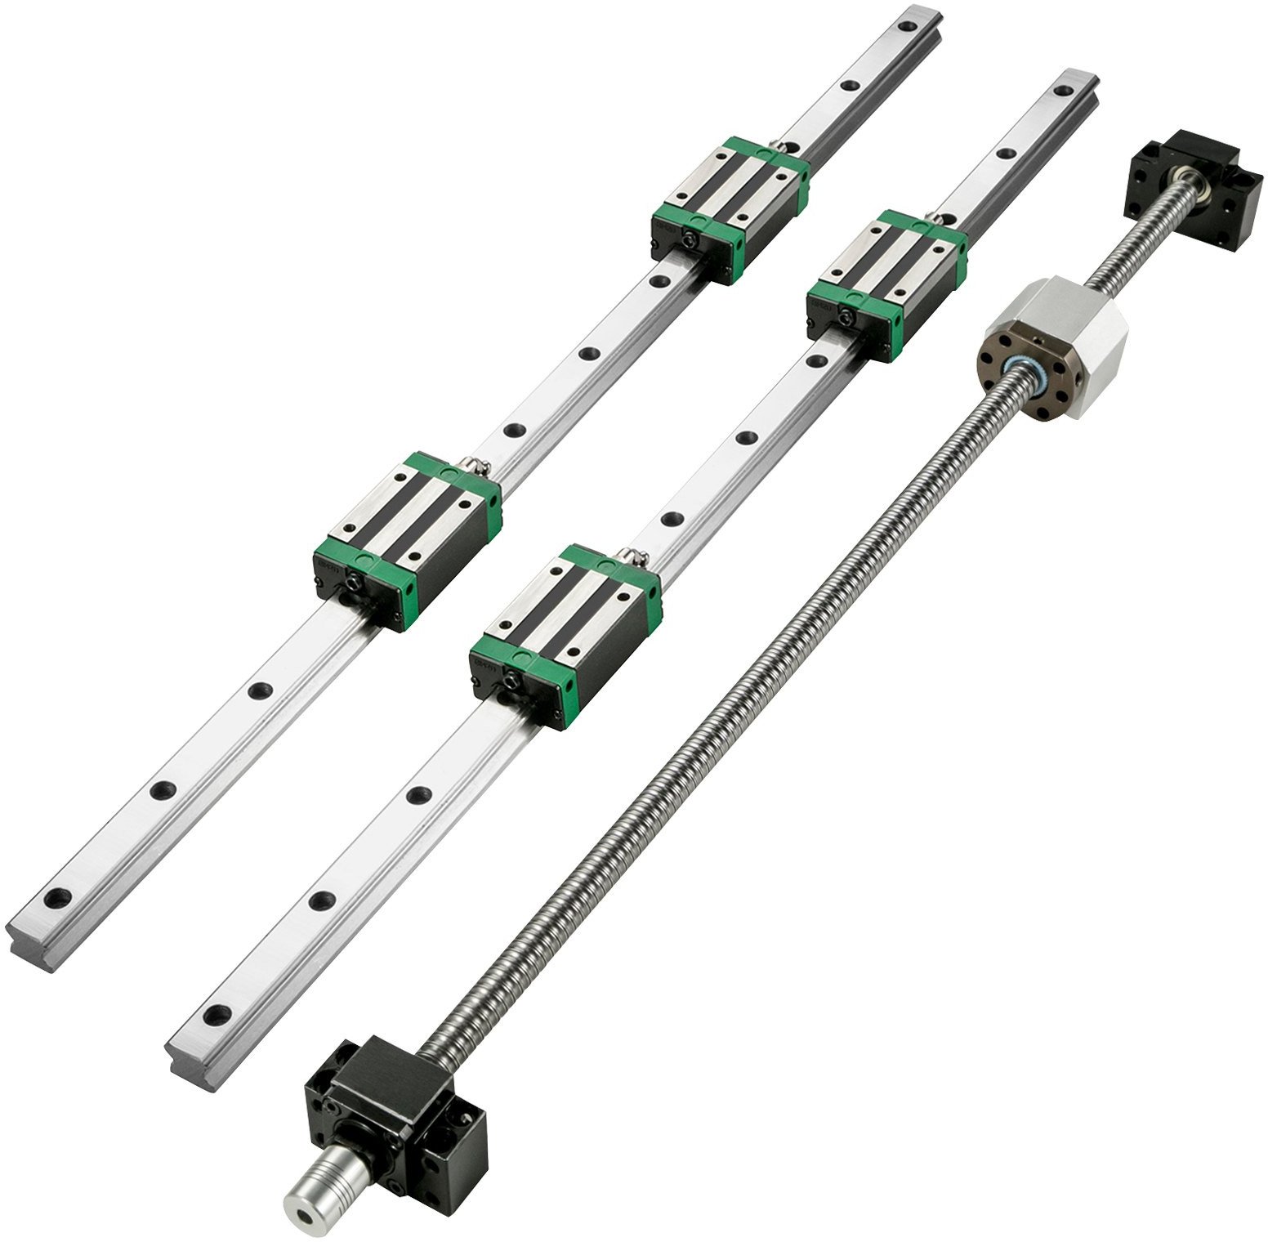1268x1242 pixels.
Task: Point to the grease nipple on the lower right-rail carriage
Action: pyautogui.click(x=632, y=559)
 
